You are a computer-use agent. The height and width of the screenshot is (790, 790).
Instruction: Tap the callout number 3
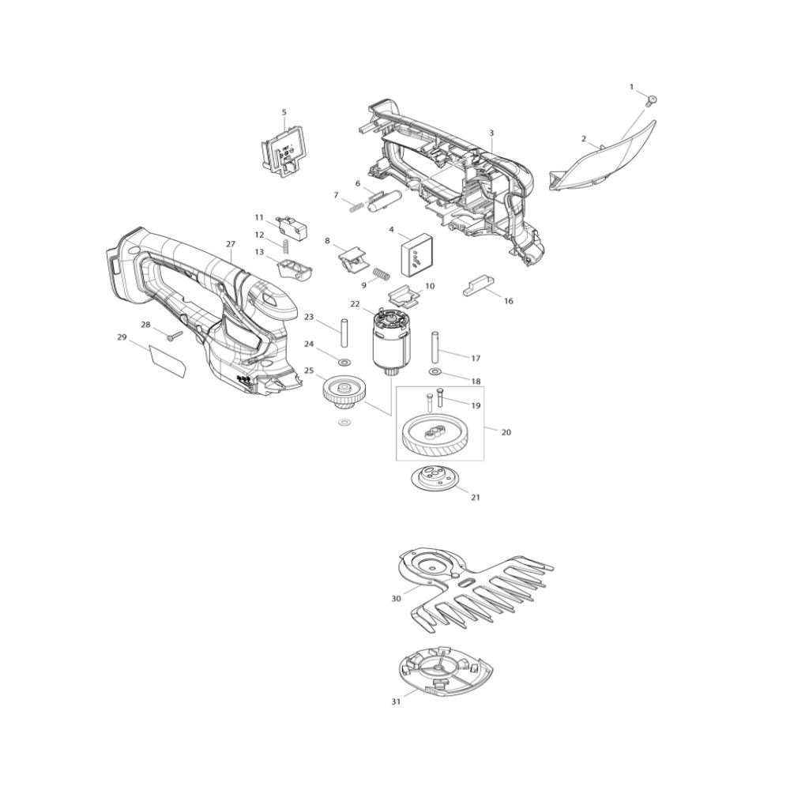click(491, 133)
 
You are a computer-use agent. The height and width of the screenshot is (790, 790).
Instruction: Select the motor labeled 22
click(391, 343)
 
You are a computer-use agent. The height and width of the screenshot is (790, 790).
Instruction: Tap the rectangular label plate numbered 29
click(168, 362)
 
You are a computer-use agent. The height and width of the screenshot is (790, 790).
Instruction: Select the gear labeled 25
click(342, 393)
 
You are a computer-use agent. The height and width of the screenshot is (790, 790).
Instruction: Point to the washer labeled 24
click(344, 362)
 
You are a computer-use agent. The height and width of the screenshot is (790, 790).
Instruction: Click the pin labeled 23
click(344, 332)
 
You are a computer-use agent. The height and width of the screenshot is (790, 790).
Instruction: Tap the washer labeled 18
click(434, 372)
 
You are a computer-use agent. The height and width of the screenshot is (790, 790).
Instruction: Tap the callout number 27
click(230, 244)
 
